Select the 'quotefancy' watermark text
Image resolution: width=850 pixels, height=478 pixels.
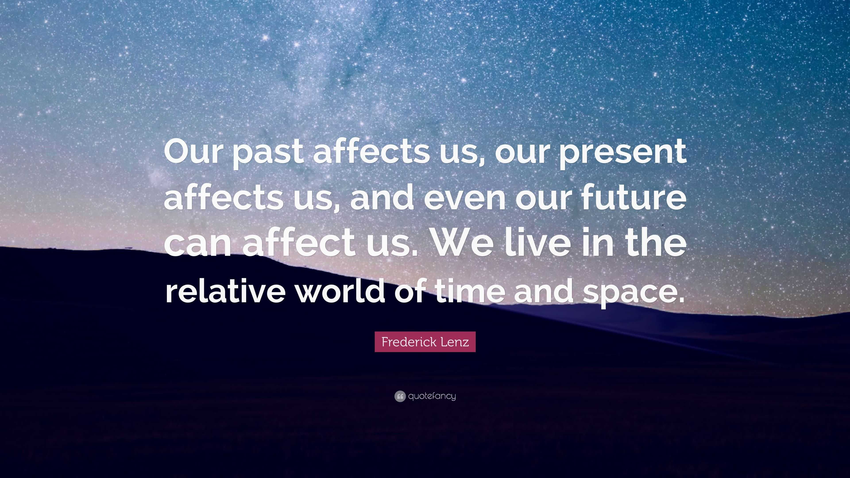point(432,396)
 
